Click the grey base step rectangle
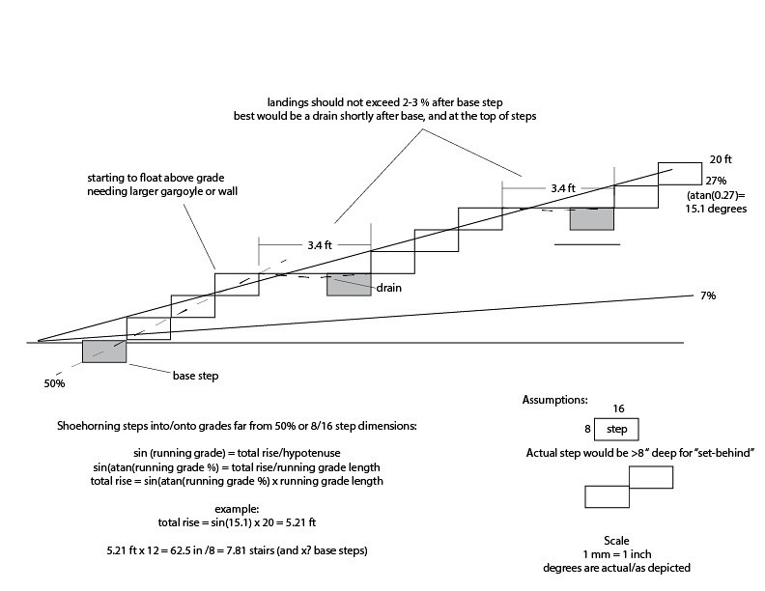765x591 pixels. point(104,352)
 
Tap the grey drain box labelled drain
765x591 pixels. point(349,285)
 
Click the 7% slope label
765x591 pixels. point(708,295)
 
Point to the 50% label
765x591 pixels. point(54,383)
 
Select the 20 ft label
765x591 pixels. point(721,159)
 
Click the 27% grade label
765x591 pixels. point(716,181)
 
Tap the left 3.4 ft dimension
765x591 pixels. point(320,245)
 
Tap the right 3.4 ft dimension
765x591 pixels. point(563,188)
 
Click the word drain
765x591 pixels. point(389,288)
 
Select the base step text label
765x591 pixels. point(196,376)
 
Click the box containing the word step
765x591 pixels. point(616,430)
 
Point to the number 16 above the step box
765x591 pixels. point(618,408)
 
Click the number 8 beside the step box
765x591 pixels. point(587,429)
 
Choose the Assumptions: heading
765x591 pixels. point(555,400)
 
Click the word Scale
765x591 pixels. point(616,540)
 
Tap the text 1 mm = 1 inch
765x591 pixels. point(616,554)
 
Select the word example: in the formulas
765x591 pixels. point(237,509)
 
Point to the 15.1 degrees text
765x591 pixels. point(716,209)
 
